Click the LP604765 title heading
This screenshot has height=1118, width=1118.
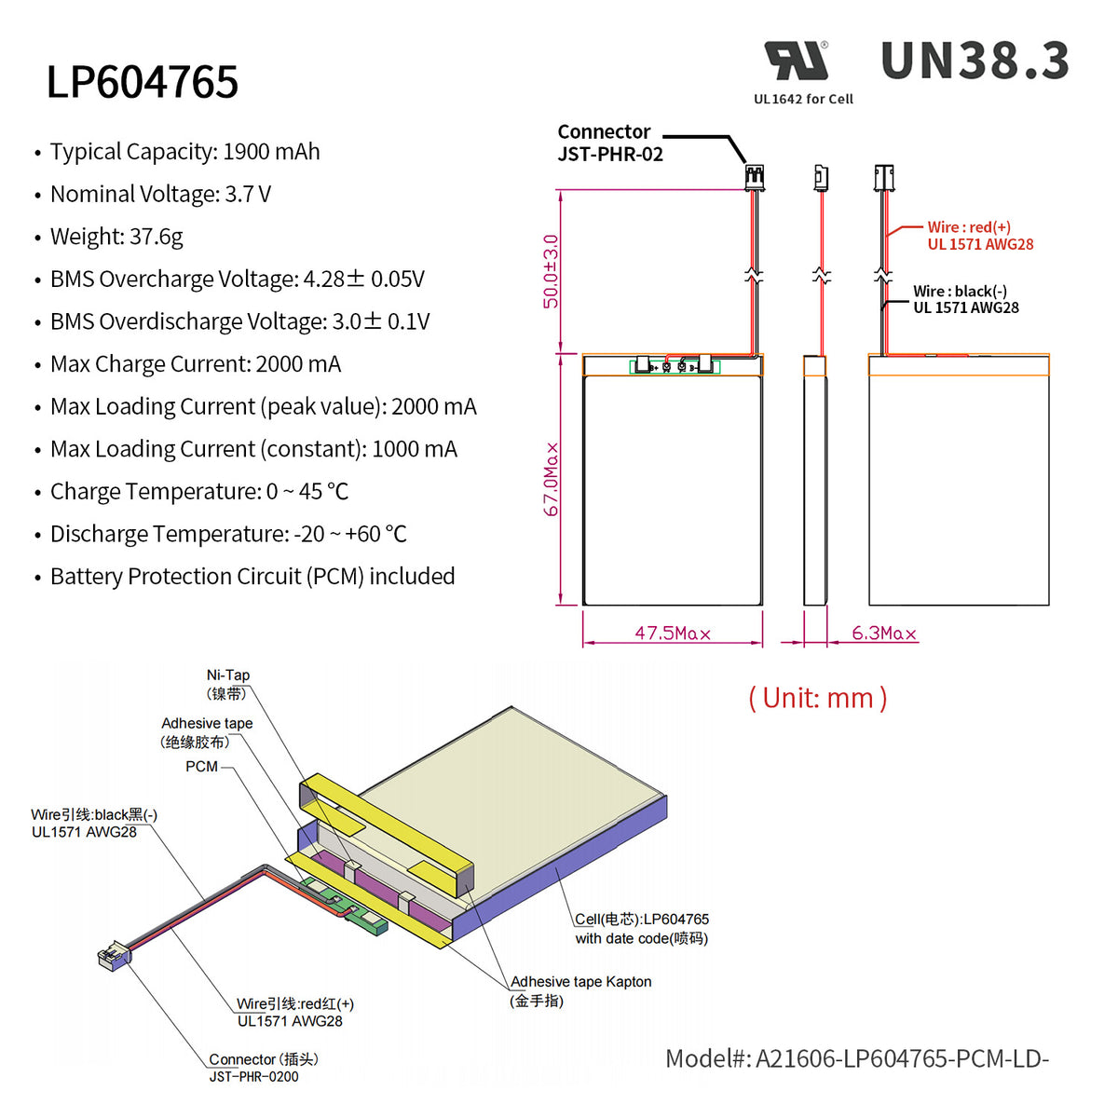click(143, 82)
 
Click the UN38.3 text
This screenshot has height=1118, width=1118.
click(975, 61)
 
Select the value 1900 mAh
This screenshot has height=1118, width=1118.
click(271, 152)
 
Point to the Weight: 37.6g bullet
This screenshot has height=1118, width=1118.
click(116, 237)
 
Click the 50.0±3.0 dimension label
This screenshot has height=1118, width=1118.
click(552, 271)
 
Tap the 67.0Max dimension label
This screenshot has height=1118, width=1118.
click(552, 479)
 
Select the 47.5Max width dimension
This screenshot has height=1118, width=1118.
click(673, 634)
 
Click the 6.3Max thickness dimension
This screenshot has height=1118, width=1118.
click(884, 634)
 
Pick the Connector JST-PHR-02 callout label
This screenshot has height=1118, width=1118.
click(609, 143)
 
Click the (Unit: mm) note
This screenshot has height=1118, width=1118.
click(817, 698)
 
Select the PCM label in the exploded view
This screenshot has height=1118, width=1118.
click(201, 767)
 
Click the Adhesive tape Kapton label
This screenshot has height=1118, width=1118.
click(579, 982)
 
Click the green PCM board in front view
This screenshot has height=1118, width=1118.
click(675, 367)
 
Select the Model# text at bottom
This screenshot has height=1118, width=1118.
click(856, 1059)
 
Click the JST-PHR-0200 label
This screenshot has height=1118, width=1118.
click(253, 1077)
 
